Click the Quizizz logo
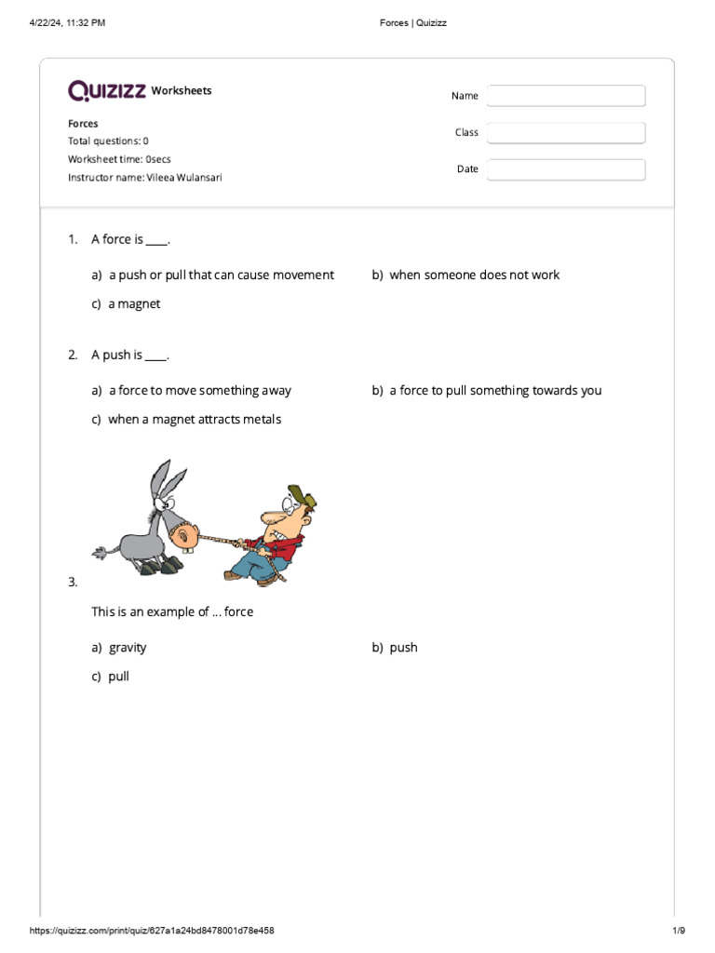[106, 90]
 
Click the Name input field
[565, 96]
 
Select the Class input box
[565, 133]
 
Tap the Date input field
[565, 169]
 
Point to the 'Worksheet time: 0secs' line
[119, 159]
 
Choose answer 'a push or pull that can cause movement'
[221, 275]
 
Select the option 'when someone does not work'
[474, 275]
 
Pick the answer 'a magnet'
[134, 304]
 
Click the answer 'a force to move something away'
[199, 391]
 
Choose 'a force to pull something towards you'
[494, 391]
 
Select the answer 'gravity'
[128, 648]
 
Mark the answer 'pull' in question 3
[118, 677]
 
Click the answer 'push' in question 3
[403, 648]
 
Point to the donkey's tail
[100, 551]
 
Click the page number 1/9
[678, 931]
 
